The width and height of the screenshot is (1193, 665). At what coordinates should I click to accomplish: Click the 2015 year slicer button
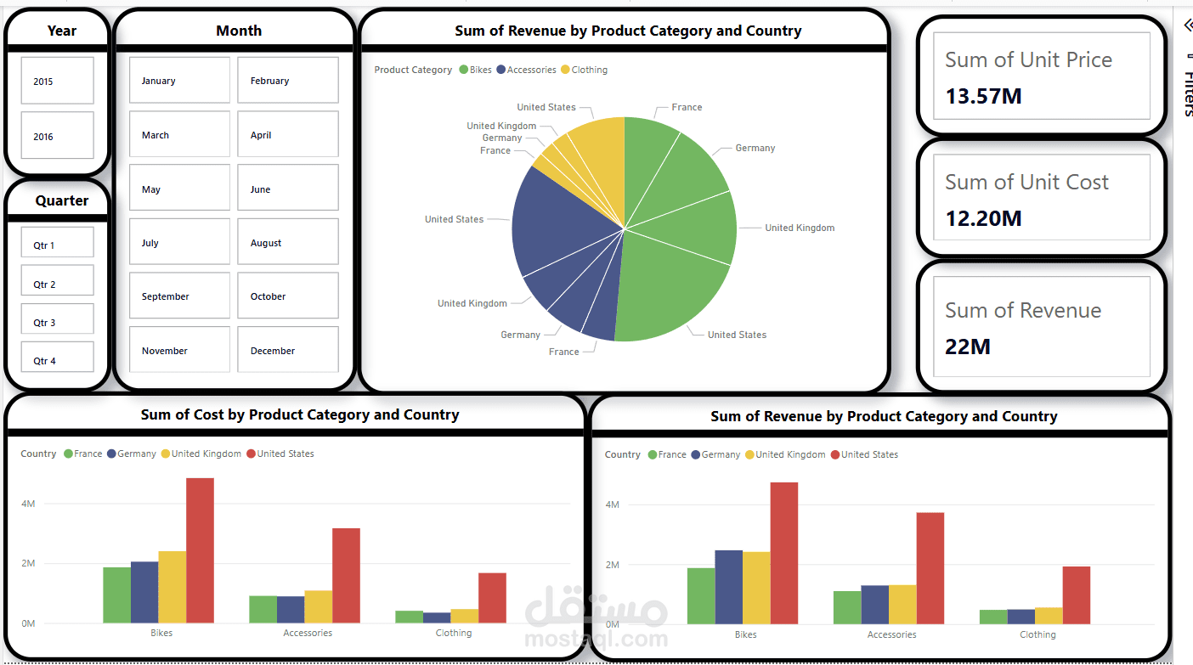coord(57,82)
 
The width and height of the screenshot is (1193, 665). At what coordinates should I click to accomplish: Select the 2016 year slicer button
coord(57,136)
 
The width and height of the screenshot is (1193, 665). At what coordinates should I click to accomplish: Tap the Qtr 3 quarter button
coord(57,322)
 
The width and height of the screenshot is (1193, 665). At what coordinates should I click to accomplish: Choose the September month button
coord(179,296)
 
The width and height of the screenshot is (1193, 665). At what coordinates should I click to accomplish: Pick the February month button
coord(287,81)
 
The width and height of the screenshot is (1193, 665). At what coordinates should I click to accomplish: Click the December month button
coord(287,350)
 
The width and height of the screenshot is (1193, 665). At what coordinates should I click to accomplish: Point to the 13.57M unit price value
coord(983,96)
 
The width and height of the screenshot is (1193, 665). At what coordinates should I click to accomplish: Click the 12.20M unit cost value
coord(983,218)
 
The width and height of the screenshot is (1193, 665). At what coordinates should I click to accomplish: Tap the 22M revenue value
coord(968,347)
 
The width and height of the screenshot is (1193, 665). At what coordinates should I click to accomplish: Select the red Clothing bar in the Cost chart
coord(492,598)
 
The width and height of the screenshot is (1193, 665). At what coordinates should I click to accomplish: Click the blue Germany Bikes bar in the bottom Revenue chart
coord(728,587)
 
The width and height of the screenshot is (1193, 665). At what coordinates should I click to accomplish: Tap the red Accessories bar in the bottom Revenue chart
coord(930,568)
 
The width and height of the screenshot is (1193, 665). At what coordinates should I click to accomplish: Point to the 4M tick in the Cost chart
coord(28,504)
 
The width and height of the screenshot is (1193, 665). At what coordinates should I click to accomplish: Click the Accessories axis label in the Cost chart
coord(308,633)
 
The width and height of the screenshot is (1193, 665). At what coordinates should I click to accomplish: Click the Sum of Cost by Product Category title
coord(300,414)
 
